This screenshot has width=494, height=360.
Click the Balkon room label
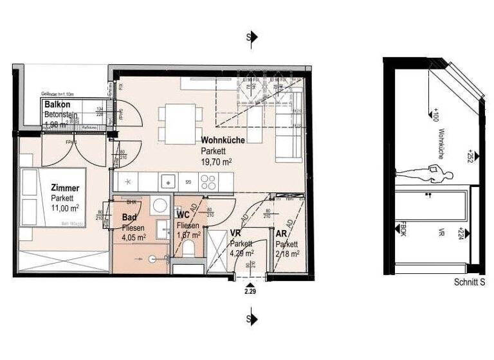point(57,104)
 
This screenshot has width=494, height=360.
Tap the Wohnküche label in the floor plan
point(222,140)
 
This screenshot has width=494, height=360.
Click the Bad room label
point(129,217)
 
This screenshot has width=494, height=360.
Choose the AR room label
point(281,235)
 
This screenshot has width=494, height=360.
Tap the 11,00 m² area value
point(66,208)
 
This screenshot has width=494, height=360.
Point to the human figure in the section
point(416,172)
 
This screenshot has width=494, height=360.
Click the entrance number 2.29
point(250,292)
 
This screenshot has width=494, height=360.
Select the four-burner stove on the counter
point(208,182)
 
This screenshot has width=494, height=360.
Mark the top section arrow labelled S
point(253,37)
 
